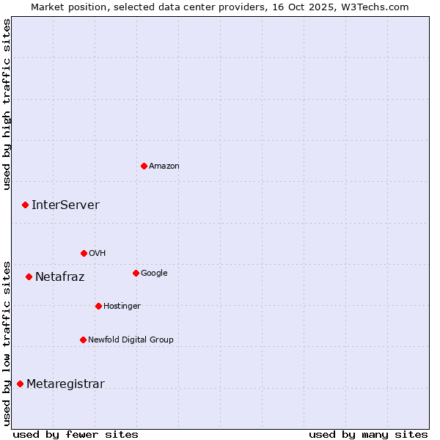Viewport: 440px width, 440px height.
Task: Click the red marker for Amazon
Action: pos(144,166)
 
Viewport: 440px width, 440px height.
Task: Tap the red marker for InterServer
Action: pos(25,205)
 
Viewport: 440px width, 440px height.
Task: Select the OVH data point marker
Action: pos(84,253)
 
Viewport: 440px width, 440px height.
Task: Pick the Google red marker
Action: pos(136,273)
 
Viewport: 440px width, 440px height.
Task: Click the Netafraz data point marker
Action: pos(29,276)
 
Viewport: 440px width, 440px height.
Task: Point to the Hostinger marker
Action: pos(98,306)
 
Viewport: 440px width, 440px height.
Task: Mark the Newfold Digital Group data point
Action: pos(83,340)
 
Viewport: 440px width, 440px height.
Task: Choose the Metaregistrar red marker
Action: pos(20,384)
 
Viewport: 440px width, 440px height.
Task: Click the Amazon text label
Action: pos(164,166)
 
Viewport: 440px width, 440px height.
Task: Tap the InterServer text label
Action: pos(65,205)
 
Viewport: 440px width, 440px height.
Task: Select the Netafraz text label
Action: pos(59,277)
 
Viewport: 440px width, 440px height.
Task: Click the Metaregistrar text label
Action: pos(65,384)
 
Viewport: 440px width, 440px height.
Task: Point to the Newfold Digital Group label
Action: pos(131,340)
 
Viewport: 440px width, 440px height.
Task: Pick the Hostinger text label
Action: pos(122,307)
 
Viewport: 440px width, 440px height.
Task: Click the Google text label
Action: pos(154,274)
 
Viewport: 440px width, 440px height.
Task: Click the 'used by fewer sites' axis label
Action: pos(76,434)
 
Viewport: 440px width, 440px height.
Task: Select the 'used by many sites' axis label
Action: pos(368,434)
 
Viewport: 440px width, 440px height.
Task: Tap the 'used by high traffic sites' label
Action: pos(7,104)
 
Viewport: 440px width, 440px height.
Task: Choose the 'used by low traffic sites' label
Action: pos(7,342)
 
